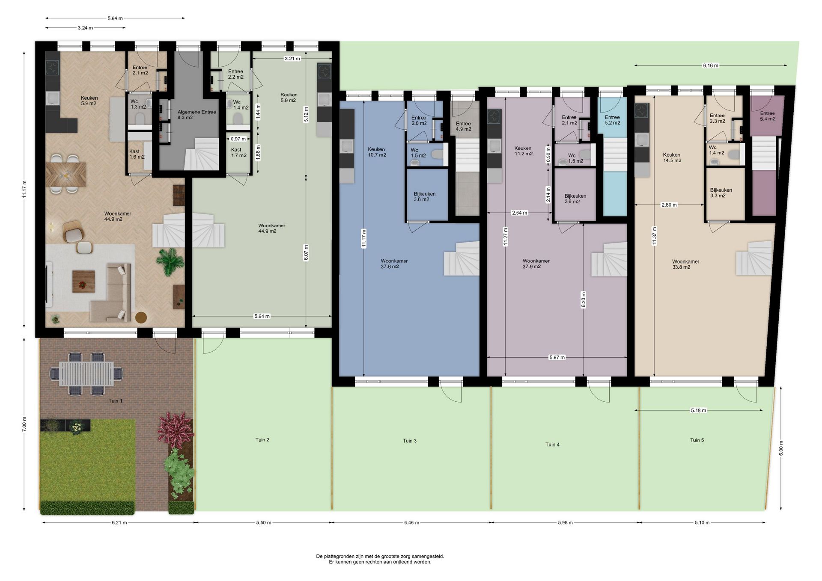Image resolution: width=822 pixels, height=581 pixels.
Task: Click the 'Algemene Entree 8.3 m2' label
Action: coord(197,115)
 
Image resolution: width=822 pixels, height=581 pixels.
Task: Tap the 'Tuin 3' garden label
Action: coord(409,441)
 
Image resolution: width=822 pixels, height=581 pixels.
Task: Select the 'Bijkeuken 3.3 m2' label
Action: coord(721,193)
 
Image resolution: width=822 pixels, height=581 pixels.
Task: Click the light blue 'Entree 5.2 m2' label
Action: coord(612,120)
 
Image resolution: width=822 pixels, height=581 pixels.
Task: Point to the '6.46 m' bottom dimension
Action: coord(411,522)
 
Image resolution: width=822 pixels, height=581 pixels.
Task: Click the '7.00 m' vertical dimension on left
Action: coord(24,424)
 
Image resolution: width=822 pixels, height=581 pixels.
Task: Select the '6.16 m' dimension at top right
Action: coord(710,65)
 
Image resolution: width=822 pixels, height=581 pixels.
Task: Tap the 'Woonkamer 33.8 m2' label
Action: coord(685,264)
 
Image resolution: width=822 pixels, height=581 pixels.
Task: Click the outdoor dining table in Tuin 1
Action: coord(86,374)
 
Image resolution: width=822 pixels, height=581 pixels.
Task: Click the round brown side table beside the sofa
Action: coord(141,317)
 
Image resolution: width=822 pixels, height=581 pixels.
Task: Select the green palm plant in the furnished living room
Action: coord(170,261)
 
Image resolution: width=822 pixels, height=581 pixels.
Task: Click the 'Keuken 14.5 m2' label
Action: coord(672,158)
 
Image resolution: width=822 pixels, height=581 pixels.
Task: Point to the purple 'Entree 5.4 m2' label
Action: coord(768,116)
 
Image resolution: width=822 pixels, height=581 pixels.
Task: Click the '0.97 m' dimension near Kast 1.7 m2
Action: coord(238,139)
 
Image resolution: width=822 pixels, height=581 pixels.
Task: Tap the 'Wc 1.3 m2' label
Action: coord(138,104)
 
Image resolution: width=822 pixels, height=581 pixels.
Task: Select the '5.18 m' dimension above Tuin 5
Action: coord(698,410)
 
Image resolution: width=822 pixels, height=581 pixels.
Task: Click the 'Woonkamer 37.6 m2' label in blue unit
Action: coord(394,264)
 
